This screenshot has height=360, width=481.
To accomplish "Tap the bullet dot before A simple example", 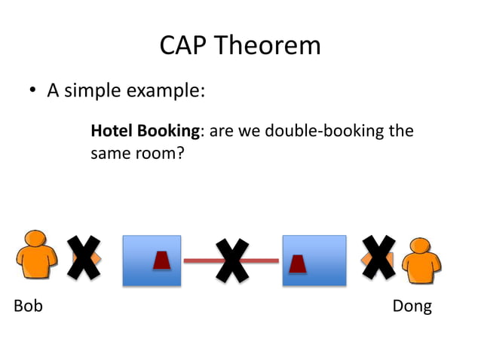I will (x=32, y=92).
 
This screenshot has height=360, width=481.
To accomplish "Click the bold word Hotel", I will (x=111, y=131).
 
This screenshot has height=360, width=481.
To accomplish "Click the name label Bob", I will (x=28, y=307).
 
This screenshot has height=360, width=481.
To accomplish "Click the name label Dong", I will (x=412, y=307).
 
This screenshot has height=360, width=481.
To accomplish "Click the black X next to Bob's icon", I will (x=84, y=258).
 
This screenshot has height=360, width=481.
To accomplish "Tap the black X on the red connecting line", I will (x=232, y=261).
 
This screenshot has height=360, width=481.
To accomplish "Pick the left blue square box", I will (x=152, y=261).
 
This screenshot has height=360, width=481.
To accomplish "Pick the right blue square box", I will (x=314, y=261).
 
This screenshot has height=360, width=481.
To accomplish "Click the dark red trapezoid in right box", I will (x=298, y=264).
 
